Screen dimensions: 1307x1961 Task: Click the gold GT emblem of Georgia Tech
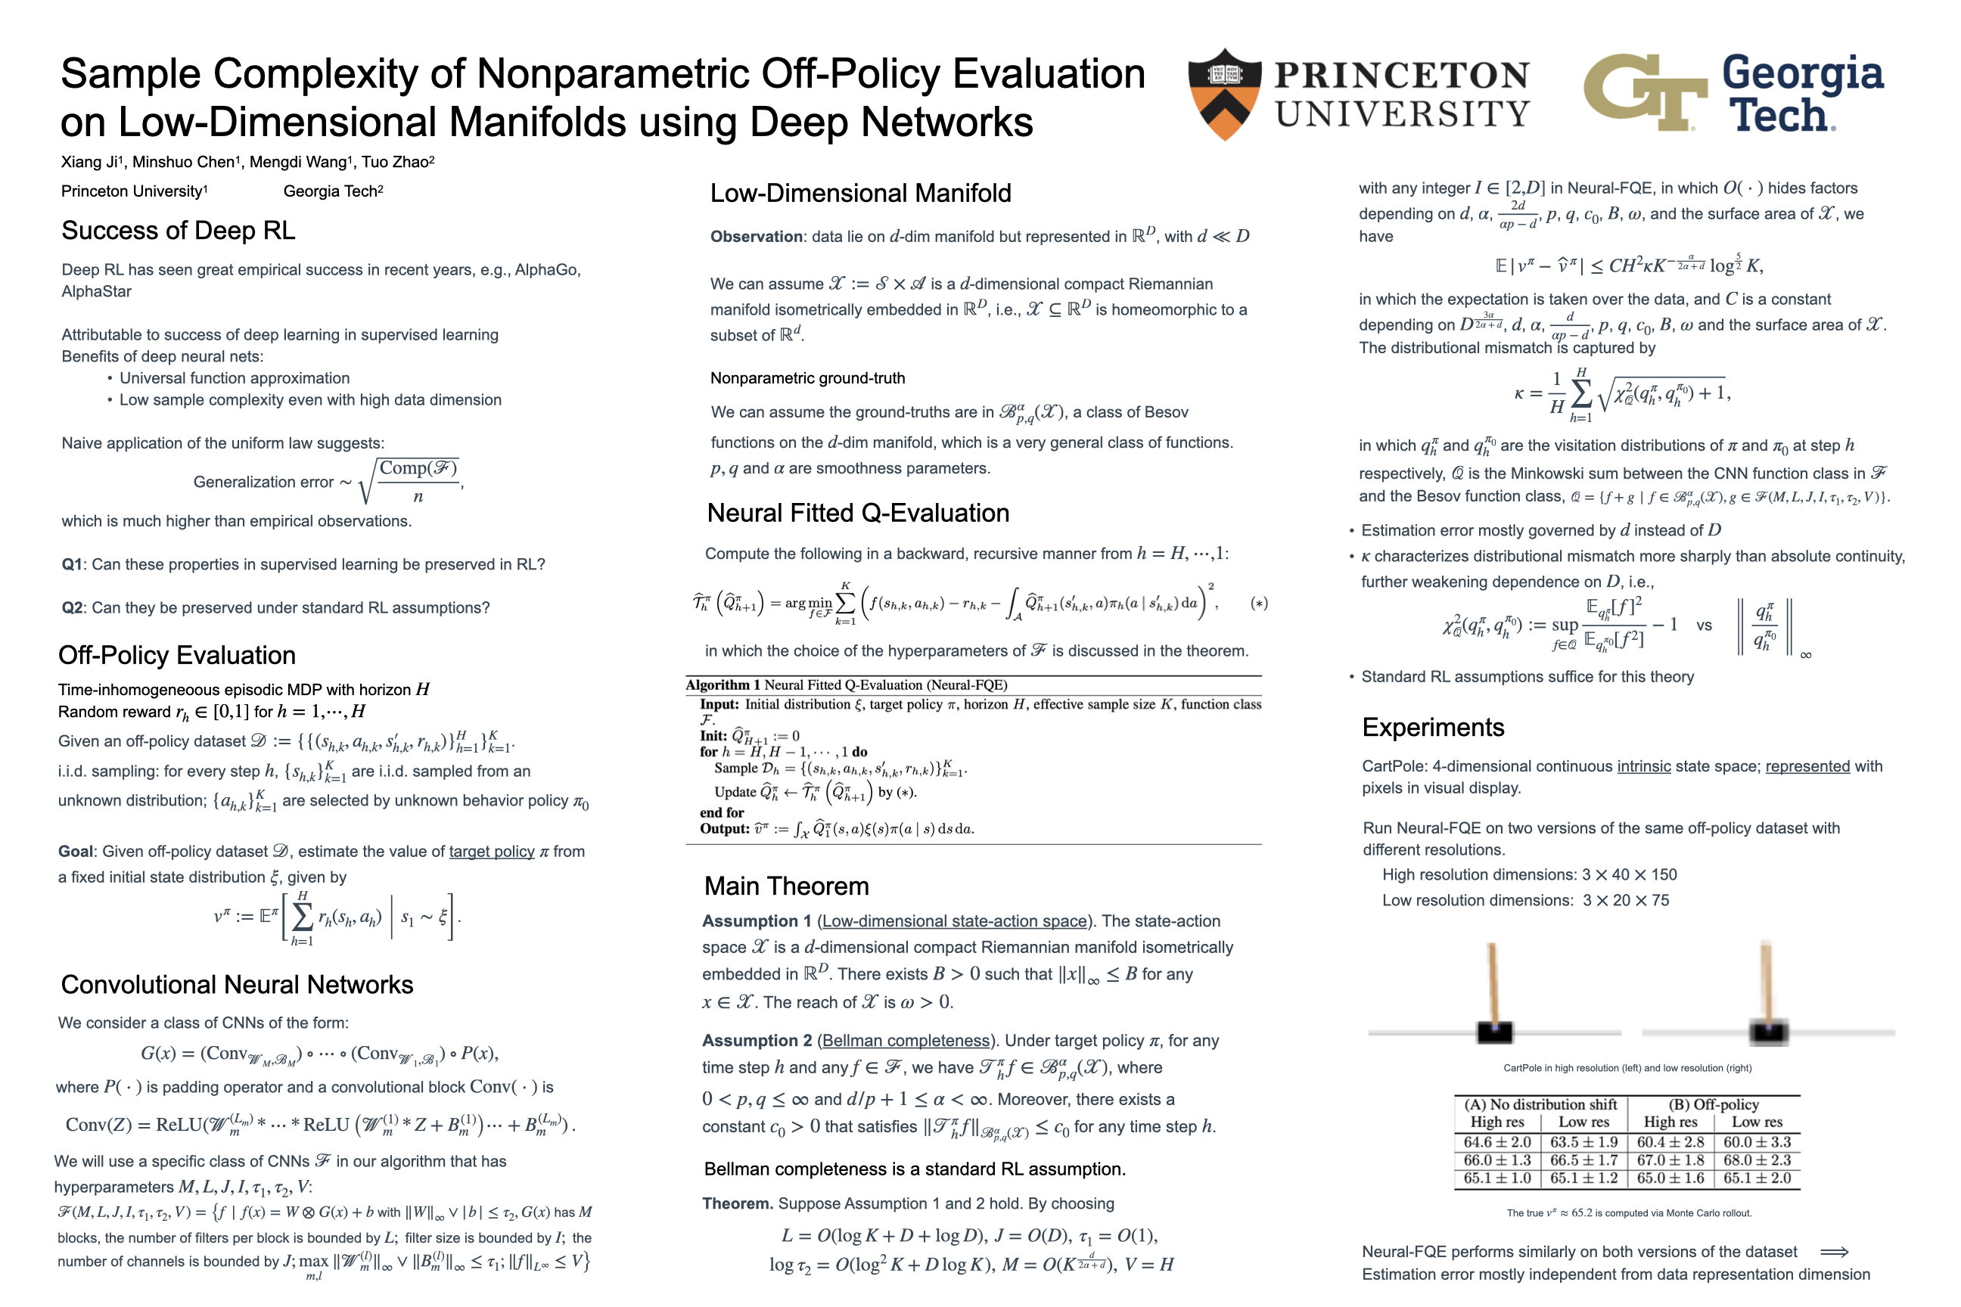tap(1644, 92)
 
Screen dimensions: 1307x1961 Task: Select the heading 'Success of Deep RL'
tap(179, 230)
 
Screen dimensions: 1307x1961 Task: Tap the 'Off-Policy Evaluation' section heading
tap(177, 655)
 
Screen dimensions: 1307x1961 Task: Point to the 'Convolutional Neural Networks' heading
tap(237, 985)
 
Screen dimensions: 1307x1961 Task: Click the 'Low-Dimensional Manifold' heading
tap(860, 194)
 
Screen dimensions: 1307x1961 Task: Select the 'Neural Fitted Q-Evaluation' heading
tap(858, 513)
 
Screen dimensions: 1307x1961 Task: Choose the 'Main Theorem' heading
tap(786, 886)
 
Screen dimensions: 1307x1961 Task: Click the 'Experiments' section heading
tap(1433, 727)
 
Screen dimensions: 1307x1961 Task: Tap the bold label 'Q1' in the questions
tap(73, 564)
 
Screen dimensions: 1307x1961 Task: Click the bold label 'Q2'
tap(73, 607)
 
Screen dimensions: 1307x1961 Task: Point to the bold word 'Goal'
tap(75, 851)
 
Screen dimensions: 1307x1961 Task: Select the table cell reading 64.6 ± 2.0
tap(1497, 1142)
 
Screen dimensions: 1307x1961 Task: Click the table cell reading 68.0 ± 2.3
tap(1757, 1160)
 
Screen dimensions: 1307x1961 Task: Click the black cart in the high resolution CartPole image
tap(1494, 1032)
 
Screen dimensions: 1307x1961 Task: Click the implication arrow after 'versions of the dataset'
tap(1834, 1252)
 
